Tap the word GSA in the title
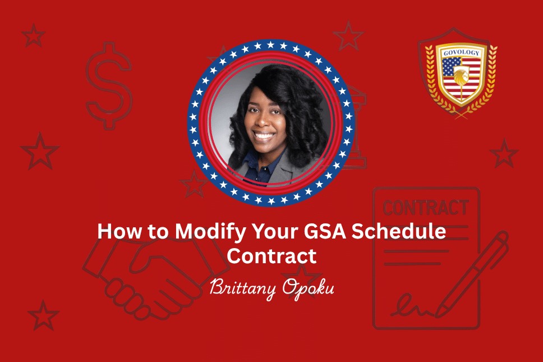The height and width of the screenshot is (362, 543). (325, 231)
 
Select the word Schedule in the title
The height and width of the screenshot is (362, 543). (399, 231)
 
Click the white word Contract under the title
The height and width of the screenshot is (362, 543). (271, 256)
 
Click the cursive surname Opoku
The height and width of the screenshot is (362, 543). (308, 288)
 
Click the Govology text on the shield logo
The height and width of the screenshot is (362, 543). (462, 53)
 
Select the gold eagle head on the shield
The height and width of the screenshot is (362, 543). (461, 76)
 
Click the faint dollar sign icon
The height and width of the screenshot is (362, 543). (109, 85)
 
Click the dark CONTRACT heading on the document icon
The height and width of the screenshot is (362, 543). (426, 208)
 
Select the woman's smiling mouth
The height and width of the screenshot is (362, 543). (264, 134)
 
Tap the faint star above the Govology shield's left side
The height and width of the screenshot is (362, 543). (348, 36)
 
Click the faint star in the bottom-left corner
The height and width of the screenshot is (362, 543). (43, 315)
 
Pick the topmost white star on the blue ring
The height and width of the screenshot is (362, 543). (270, 45)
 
